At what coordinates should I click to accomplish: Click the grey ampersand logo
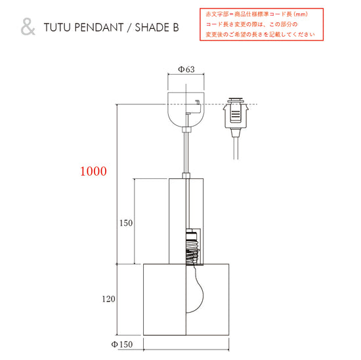(x=28, y=27)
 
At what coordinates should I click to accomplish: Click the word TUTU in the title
(x=57, y=28)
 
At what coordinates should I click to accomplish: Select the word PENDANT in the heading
(x=99, y=28)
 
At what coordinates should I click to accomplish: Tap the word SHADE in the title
(x=150, y=28)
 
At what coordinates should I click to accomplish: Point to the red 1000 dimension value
(x=93, y=171)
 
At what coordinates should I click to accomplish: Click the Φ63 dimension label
(x=186, y=70)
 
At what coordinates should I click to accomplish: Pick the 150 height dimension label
(x=126, y=223)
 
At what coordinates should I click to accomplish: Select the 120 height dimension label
(x=109, y=299)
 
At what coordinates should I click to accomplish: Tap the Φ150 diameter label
(x=122, y=344)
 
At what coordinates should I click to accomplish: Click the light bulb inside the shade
(x=195, y=289)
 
